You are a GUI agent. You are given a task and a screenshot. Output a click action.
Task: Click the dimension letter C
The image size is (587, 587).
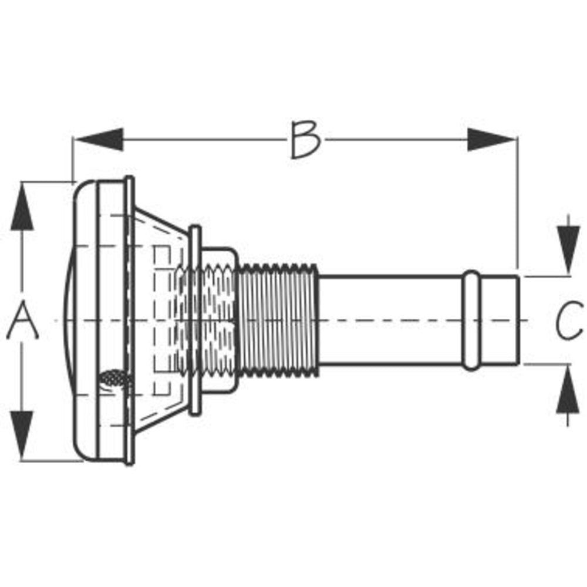(x=569, y=321)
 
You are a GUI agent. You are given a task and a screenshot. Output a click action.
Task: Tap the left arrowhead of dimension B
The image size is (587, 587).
(x=99, y=140)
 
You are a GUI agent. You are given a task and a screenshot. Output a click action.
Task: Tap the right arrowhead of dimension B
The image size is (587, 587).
(x=492, y=140)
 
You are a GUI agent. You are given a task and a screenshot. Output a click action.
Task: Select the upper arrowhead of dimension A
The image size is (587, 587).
(x=22, y=206)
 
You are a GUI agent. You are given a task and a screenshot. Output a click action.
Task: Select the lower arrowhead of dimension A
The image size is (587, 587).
(x=22, y=436)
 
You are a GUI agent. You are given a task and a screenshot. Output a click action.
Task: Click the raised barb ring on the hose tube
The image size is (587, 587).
(x=471, y=321)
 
